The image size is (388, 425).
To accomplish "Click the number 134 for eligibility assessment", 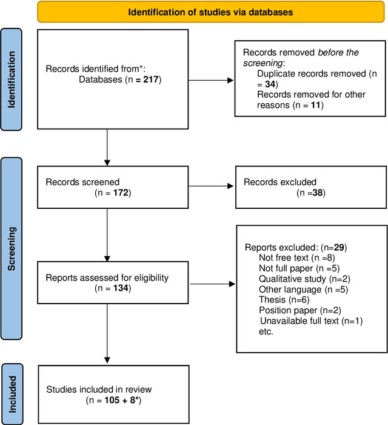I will (x=119, y=288).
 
